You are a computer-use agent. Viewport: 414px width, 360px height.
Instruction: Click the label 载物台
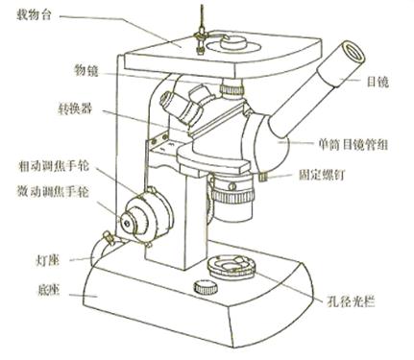pos(34,15)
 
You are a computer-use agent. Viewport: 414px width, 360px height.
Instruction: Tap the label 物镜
pos(86,70)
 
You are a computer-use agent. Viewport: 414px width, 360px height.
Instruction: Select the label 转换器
pos(75,108)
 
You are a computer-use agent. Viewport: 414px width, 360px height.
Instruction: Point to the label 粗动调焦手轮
pos(53,166)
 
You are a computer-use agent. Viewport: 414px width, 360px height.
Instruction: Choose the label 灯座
pos(47,260)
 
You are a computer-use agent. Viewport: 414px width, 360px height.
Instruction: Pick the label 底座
pos(48,290)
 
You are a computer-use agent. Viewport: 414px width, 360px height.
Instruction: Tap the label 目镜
pos(377,83)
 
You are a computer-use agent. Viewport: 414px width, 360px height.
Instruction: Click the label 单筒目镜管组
pos(353,145)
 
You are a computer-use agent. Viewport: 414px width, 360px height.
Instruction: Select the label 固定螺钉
pos(322,175)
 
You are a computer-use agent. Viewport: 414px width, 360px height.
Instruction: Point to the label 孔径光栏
pos(351,301)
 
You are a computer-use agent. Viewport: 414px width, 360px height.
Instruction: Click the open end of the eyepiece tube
pos(353,52)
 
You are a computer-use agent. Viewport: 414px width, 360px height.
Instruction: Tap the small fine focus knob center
pos(127,222)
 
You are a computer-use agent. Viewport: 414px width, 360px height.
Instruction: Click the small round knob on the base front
pos(206,287)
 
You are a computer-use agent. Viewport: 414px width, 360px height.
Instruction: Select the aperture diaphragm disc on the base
pos(231,266)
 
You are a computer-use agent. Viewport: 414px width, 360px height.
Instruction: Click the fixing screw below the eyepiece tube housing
pos(263,177)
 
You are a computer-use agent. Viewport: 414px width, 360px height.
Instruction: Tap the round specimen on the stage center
pos(232,43)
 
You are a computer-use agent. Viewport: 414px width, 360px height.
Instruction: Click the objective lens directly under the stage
pos(231,88)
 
